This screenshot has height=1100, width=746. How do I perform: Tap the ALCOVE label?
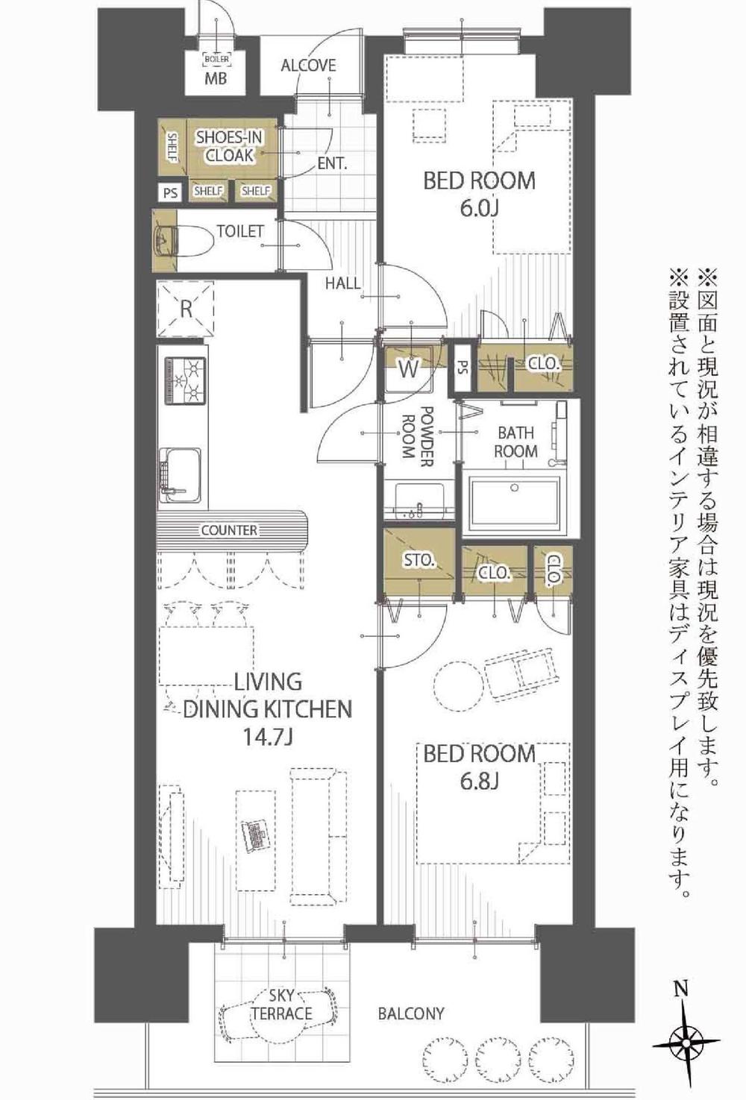tap(308, 66)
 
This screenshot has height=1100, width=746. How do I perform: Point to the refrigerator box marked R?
tap(186, 308)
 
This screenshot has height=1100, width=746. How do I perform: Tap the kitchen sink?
tap(179, 475)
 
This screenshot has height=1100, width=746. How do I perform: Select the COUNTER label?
tap(229, 530)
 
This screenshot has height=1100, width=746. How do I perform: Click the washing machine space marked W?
tap(408, 368)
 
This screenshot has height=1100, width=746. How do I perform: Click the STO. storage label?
tap(420, 559)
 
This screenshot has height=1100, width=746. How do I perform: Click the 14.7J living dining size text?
tap(267, 738)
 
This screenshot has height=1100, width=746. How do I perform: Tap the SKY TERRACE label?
tap(282, 1005)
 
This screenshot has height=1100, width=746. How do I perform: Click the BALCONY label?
tap(410, 1013)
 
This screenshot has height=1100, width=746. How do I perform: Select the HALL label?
tap(342, 283)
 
